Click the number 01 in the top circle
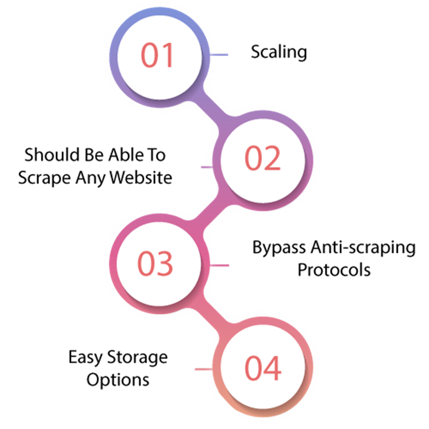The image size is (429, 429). [157, 55]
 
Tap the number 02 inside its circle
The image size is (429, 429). [263, 158]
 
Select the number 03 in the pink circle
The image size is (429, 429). [155, 264]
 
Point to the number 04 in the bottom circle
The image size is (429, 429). [263, 368]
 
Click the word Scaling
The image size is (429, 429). [279, 52]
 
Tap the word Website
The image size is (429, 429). [141, 177]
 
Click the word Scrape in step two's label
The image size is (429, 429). [44, 179]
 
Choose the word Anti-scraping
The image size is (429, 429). [363, 248]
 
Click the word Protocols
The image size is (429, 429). [334, 270]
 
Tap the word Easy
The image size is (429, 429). [85, 358]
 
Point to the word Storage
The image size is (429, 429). [137, 358]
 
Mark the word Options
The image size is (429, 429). [118, 380]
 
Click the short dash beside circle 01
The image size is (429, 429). [219, 55]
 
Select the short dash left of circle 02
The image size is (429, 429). [207, 167]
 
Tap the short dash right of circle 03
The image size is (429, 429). [219, 265]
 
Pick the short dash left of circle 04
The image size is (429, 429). [204, 369]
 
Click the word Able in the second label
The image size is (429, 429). [126, 155]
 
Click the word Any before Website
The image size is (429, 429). [91, 179]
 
